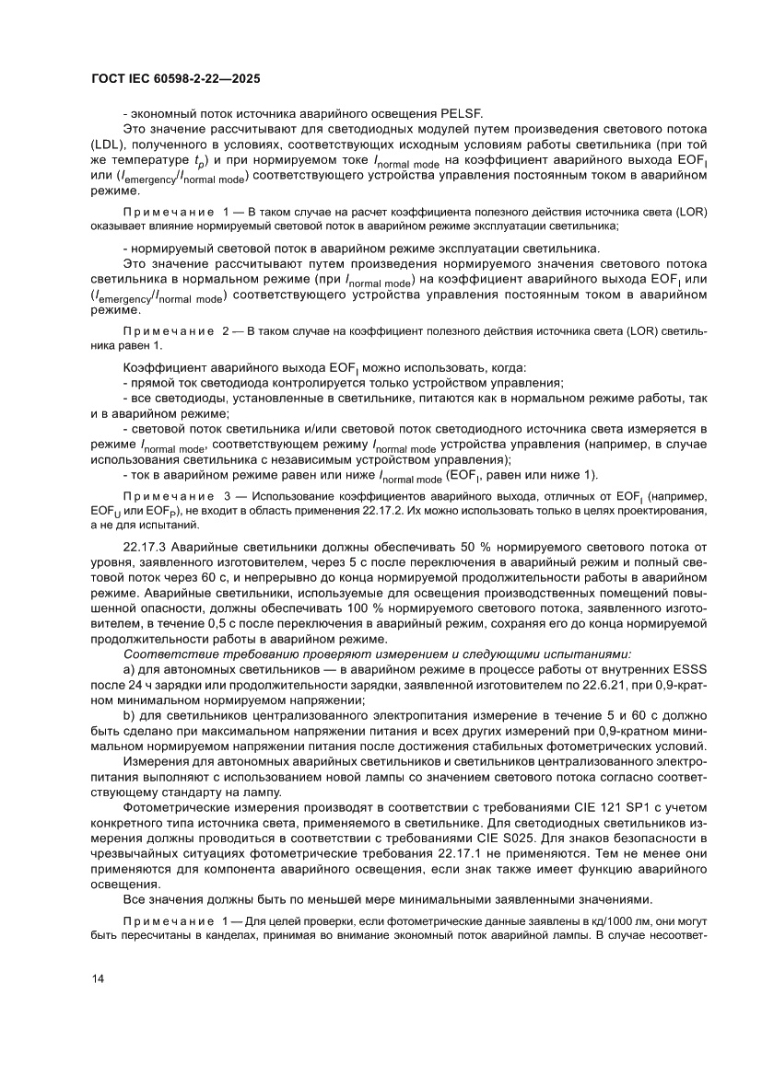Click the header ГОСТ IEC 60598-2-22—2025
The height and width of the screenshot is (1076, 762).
(175, 80)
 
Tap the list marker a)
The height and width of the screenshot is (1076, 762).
(128, 672)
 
